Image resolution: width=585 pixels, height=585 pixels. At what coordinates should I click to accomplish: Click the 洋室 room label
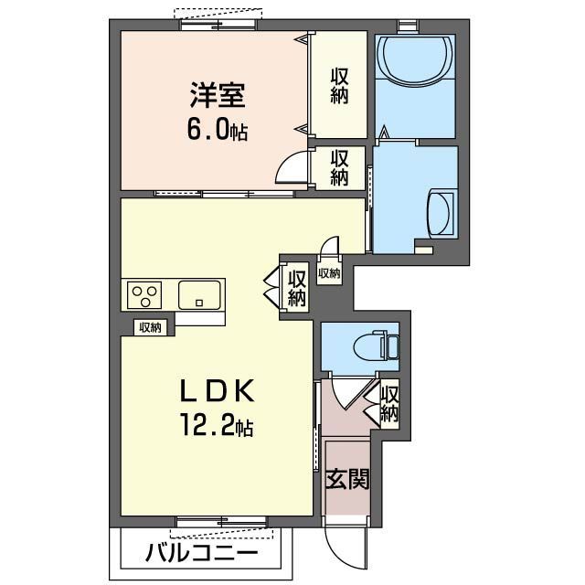tap(218, 94)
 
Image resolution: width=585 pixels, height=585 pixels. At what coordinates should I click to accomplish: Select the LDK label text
tap(218, 391)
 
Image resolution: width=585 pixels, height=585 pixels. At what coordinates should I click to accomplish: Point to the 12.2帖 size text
tap(218, 425)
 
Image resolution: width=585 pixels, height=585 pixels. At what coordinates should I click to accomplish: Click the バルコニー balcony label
tap(201, 553)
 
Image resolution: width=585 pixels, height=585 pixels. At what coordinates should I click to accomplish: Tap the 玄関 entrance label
tap(346, 478)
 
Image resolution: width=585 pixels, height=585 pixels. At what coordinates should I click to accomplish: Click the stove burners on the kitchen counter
tap(144, 295)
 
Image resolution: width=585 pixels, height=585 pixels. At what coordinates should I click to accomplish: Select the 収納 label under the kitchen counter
tap(150, 326)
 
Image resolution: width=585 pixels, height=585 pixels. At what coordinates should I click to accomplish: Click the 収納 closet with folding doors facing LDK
tap(296, 287)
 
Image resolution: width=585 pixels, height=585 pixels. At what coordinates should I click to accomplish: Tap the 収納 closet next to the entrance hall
tap(389, 404)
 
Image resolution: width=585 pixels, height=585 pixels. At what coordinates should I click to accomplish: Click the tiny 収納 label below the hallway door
tap(329, 272)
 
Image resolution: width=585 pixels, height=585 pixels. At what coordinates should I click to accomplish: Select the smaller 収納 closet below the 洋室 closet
tap(339, 167)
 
